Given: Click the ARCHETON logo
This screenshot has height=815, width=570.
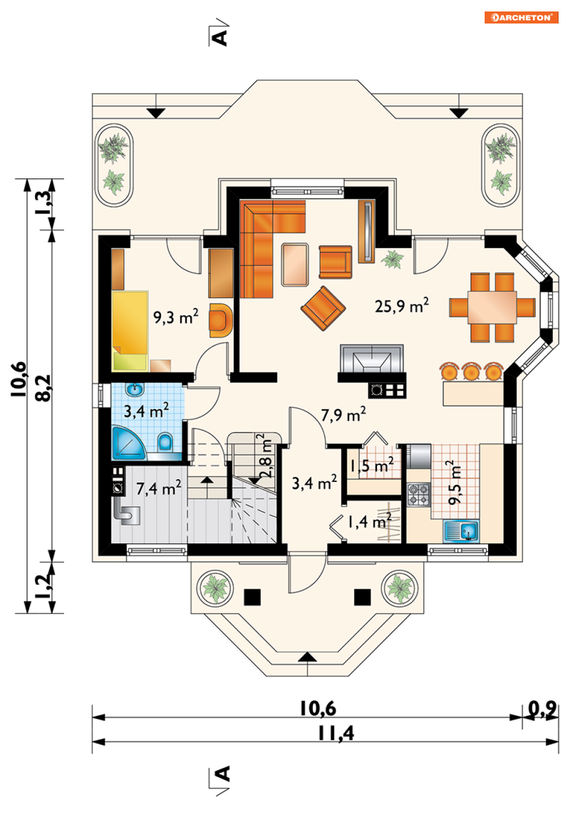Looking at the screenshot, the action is pyautogui.click(x=521, y=17).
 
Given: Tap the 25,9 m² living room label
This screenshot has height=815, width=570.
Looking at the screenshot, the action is pyautogui.click(x=402, y=305).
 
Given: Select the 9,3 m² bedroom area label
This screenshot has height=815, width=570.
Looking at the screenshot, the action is pyautogui.click(x=176, y=316).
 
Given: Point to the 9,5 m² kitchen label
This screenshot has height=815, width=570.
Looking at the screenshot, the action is pyautogui.click(x=454, y=483).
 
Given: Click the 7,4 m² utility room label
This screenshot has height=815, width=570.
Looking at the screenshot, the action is pyautogui.click(x=159, y=488).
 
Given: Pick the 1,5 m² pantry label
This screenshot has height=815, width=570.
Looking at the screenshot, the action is pyautogui.click(x=371, y=465).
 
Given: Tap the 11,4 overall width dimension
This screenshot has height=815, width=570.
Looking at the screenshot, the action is pyautogui.click(x=336, y=733).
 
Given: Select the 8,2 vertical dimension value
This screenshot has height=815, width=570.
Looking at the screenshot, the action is pyautogui.click(x=43, y=388).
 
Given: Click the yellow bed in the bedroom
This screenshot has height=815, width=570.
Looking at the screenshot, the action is pyautogui.click(x=130, y=331).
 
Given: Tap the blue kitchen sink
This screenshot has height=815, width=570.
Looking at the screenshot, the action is pyautogui.click(x=461, y=531).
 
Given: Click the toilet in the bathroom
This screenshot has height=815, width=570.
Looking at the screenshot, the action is pyautogui.click(x=165, y=442).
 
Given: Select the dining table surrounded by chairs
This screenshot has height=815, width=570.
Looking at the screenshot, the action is pyautogui.click(x=492, y=307).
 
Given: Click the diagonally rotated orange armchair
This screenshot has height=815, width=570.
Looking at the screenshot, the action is pyautogui.click(x=323, y=308).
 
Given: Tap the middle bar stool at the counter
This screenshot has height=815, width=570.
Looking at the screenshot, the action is pyautogui.click(x=471, y=371).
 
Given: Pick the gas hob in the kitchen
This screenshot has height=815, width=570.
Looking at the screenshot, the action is pyautogui.click(x=418, y=495).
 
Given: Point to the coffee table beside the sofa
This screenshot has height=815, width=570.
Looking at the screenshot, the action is pyautogui.click(x=295, y=265).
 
